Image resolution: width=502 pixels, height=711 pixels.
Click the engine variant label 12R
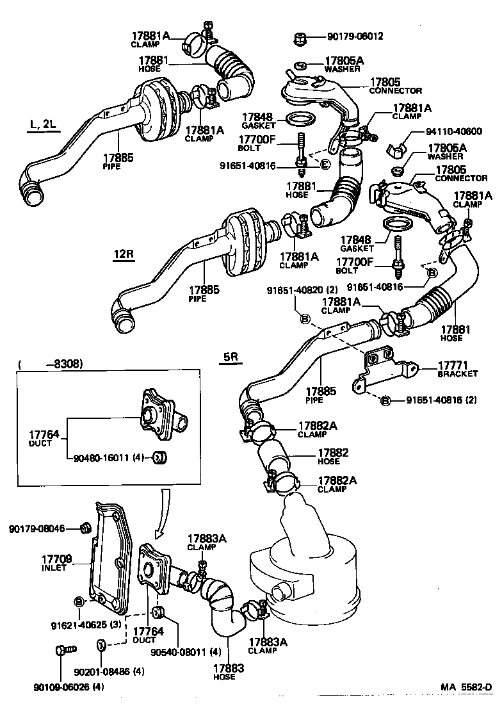[124, 254]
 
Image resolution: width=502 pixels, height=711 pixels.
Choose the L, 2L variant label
[43, 124]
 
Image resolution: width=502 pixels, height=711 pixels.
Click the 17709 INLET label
[57, 563]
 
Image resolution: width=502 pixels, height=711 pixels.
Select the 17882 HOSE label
[333, 457]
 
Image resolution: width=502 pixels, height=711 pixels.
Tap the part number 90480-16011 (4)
[108, 458]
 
